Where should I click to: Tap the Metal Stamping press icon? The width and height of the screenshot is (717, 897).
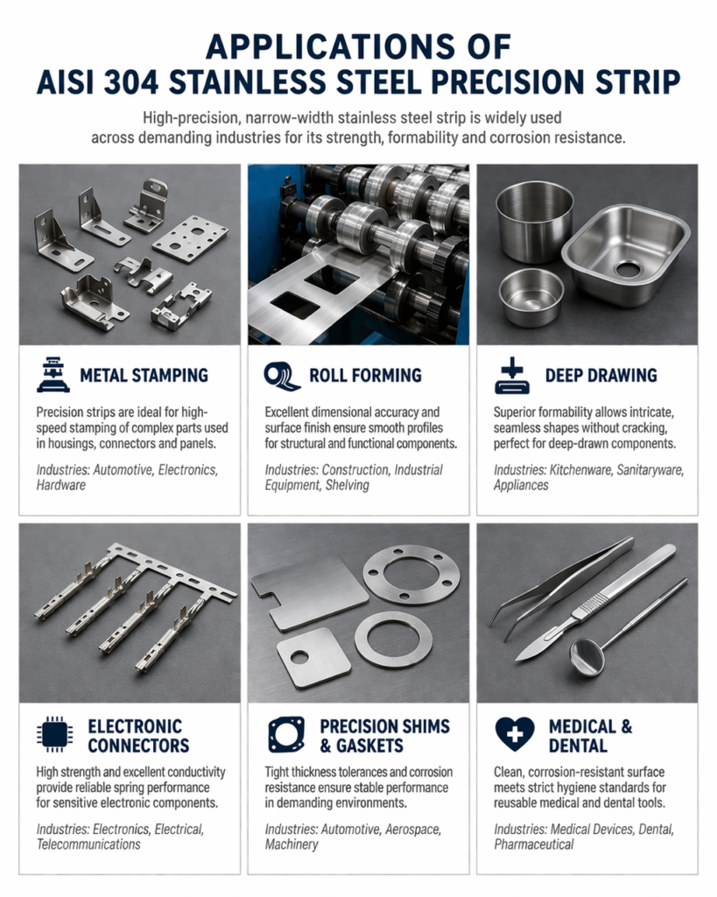coord(53,376)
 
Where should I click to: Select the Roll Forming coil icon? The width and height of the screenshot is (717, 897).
coord(281,376)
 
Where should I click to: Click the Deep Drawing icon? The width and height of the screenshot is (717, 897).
coord(511,376)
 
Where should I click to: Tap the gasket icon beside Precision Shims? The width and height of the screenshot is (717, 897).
coord(283,735)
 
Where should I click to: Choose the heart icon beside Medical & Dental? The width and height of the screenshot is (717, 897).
coord(514,735)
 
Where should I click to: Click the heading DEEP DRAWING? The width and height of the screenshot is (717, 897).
coord(601,376)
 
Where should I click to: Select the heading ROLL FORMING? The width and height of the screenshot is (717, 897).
coord(365,376)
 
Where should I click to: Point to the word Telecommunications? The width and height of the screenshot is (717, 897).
coord(88,844)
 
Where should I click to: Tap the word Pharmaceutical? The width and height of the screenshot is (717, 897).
coord(533,844)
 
